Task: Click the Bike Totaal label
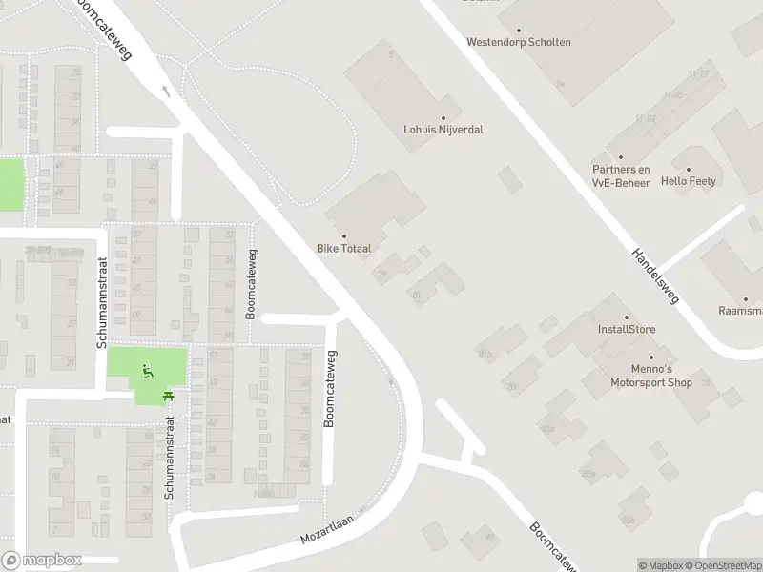coord(343,248)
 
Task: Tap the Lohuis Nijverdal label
coord(443,129)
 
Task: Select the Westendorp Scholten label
coord(519,42)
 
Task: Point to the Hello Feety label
coord(688,181)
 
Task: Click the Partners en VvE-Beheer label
coord(621,176)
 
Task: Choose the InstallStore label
coord(627,330)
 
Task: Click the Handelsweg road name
coord(654,276)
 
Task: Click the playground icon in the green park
coord(147,370)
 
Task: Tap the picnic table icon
coord(168,395)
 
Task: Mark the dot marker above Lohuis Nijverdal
coord(443,117)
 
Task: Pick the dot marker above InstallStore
coord(627,317)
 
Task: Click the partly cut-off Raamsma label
coord(740,311)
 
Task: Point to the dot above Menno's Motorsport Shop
coord(651,357)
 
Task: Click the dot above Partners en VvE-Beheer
coord(621,157)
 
